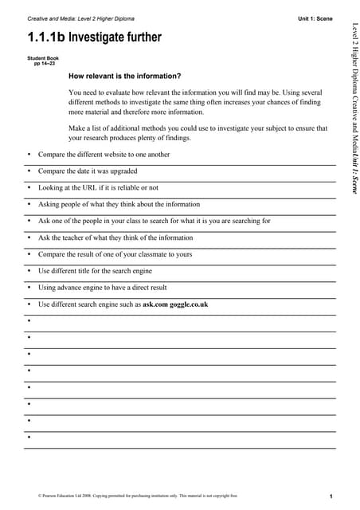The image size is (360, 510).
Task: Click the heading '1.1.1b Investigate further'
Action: click(94, 37)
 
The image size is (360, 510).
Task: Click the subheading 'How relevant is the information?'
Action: click(125, 76)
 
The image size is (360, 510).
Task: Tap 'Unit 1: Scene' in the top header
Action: click(315, 18)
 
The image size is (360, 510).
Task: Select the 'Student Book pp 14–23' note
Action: click(42, 61)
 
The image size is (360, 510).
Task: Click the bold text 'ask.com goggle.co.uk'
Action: click(175, 304)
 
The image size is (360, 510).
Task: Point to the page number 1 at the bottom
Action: click(330, 495)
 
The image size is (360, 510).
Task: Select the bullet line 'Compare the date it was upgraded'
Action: click(88, 171)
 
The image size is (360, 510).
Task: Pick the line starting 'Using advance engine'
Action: click(103, 288)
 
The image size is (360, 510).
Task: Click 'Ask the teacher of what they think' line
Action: click(115, 237)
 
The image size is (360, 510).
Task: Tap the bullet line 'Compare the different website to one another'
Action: click(104, 154)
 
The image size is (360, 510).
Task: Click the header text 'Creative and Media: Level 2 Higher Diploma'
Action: click(80, 18)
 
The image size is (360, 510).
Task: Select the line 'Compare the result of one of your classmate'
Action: click(115, 254)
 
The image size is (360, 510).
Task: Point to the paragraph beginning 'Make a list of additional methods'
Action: click(198, 132)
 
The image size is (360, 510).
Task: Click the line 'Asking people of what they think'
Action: click(119, 204)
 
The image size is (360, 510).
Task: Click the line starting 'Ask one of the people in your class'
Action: click(155, 221)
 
